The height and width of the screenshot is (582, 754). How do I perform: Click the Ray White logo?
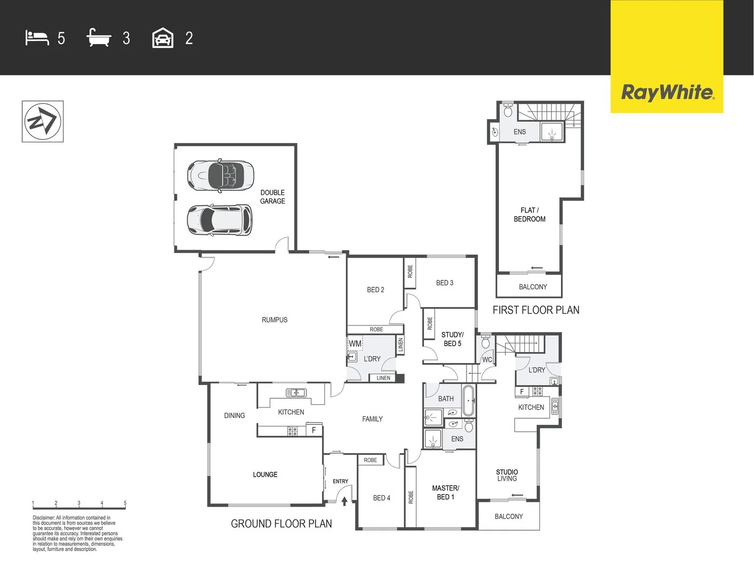pos(667,92)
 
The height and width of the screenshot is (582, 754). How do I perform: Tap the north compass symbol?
pos(43,121)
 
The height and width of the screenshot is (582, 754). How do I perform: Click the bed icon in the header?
pos(37,38)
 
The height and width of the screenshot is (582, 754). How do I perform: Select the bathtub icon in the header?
pos(99,38)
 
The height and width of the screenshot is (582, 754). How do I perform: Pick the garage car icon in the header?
pos(163,38)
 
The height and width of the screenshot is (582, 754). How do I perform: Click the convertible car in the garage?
pos(221,175)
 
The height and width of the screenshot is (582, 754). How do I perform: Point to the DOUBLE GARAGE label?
pos(272,197)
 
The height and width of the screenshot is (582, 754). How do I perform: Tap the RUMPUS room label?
pos(275,320)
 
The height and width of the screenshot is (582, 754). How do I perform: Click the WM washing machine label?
pos(355,344)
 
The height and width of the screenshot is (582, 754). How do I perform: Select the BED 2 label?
pos(375,289)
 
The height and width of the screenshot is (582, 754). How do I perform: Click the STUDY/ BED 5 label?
pos(453,339)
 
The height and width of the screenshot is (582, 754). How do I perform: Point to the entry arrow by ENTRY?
pos(345,501)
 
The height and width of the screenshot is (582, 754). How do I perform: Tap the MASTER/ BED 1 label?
pos(445,493)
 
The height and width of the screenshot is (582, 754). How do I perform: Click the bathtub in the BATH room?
pos(468,400)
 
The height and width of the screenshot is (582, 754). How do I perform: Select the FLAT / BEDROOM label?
pos(530,214)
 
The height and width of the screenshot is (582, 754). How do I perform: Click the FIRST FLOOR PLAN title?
pos(536,310)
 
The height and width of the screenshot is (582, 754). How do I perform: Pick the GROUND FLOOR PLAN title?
pos(281,523)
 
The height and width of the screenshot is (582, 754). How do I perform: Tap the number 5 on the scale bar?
pos(125,503)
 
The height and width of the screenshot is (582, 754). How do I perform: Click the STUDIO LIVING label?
pos(507,475)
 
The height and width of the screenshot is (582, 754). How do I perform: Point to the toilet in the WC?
pos(485,342)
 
